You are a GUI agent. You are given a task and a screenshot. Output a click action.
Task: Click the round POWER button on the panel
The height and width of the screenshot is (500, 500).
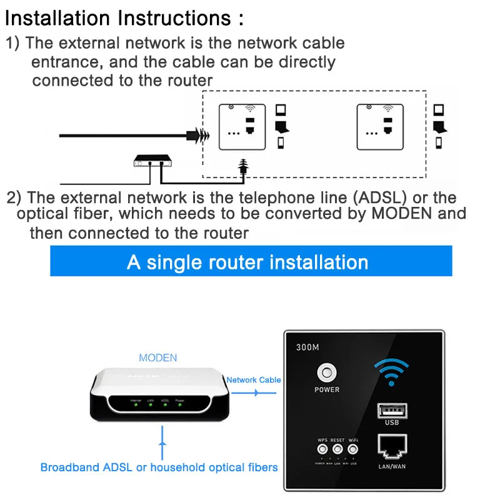pos(327,373)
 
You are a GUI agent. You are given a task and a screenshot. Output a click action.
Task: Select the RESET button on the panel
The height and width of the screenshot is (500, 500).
pos(338,449)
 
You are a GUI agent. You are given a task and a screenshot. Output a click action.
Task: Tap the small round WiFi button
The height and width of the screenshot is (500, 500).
pos(353,449)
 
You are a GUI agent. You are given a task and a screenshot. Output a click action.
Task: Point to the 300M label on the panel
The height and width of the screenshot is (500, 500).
pos(307,347)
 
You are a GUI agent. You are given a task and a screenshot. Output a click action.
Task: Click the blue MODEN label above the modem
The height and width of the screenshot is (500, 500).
pos(157,358)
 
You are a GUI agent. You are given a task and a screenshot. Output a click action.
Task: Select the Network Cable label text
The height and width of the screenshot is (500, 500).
pos(253,379)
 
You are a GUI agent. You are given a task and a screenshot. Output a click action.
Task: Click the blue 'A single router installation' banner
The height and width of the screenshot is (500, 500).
pos(250,261)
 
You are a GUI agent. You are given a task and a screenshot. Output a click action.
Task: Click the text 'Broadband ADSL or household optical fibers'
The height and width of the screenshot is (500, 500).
pos(159,467)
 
